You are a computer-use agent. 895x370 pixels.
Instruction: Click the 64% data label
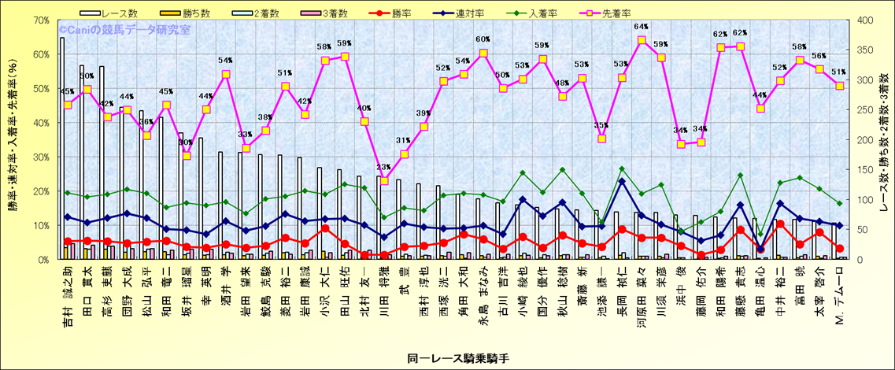click(x=642, y=28)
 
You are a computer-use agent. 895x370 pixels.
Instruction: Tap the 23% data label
click(x=384, y=168)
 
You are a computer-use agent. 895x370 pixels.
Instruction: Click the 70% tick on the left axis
click(x=39, y=20)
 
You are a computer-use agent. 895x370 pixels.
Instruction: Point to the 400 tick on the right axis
click(x=865, y=20)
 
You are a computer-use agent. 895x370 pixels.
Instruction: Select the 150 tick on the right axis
click(x=865, y=169)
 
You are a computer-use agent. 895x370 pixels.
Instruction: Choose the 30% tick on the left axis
click(x=39, y=157)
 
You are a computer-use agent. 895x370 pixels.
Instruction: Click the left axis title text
click(x=13, y=140)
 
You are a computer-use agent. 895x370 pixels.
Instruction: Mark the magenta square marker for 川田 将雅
click(x=384, y=181)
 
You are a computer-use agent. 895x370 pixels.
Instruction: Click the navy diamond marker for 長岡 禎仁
click(x=622, y=182)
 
